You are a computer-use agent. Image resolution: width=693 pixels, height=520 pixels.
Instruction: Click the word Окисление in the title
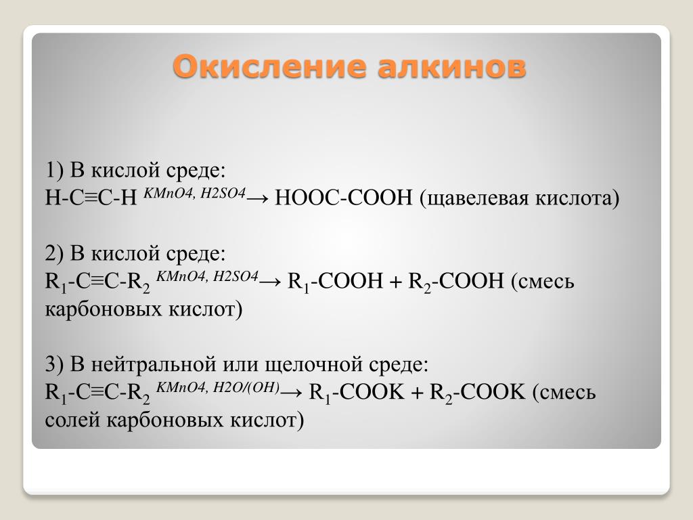(269, 66)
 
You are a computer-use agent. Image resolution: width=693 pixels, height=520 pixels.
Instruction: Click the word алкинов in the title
(451, 66)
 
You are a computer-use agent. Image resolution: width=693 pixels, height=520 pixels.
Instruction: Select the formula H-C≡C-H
(91, 197)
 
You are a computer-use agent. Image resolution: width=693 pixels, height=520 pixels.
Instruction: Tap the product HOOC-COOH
(343, 197)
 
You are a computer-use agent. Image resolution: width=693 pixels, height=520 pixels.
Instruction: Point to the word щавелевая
(474, 198)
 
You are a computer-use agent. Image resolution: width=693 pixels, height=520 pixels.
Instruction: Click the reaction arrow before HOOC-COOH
(257, 198)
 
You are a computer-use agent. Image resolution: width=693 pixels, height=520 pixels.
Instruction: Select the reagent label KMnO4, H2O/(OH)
(218, 388)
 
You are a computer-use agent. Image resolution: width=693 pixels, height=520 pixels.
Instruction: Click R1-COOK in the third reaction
(357, 393)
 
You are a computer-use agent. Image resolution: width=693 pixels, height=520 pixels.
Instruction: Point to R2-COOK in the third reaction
(477, 393)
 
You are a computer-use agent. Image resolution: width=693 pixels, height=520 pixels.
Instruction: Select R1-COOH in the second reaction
(335, 282)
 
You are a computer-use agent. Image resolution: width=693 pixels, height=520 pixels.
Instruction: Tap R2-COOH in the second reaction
(456, 282)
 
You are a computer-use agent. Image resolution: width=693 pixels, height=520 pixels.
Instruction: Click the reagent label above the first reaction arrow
(194, 193)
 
